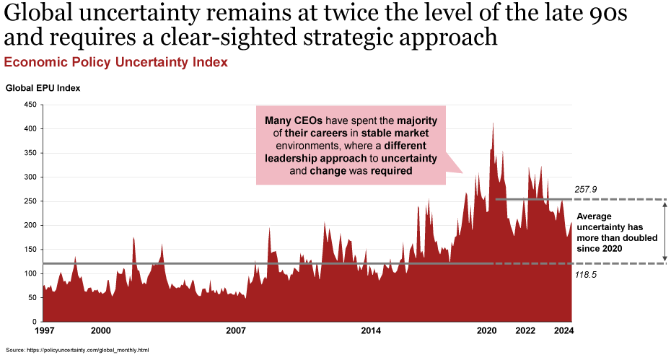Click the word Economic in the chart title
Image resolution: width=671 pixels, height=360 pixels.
click(30, 63)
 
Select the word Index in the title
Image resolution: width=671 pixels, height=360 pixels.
click(211, 63)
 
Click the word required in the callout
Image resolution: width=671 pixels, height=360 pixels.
click(391, 172)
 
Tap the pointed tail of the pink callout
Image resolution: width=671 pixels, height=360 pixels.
click(457, 170)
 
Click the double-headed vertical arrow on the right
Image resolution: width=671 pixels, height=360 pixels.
click(665, 231)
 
